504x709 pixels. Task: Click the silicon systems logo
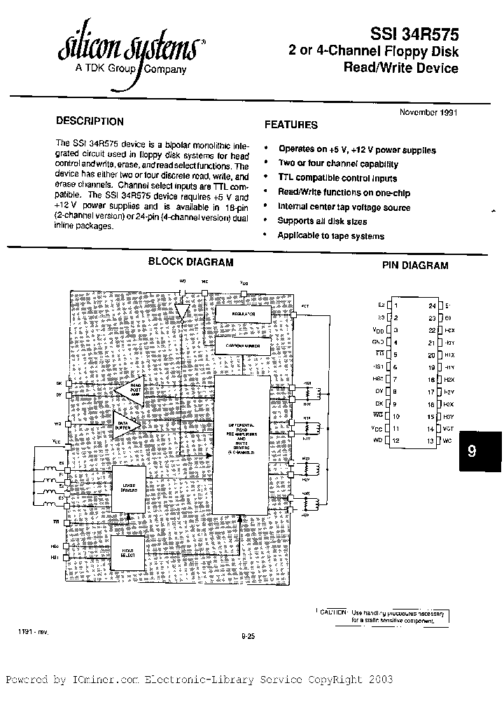click(129, 49)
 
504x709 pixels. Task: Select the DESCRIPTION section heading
click(90, 121)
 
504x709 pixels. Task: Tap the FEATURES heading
click(290, 125)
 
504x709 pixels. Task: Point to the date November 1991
click(428, 112)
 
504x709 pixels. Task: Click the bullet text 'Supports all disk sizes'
click(322, 221)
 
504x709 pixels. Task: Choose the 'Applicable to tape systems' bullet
click(330, 236)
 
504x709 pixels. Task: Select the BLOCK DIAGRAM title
click(190, 262)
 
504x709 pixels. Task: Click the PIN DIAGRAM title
click(415, 266)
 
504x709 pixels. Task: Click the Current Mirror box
click(242, 346)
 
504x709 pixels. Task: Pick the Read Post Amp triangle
click(129, 392)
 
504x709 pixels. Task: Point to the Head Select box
click(127, 553)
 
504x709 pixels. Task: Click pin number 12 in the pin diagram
click(397, 441)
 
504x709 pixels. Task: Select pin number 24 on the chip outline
click(432, 305)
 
